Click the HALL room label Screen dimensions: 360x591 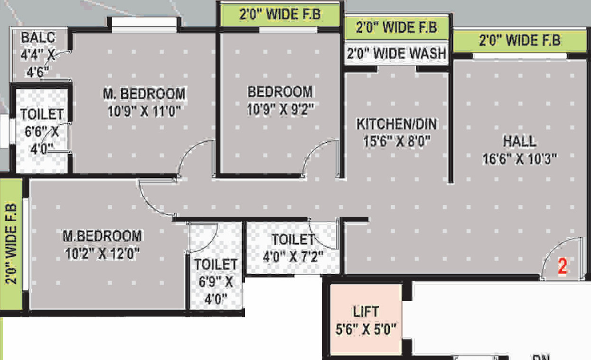click(x=519, y=141)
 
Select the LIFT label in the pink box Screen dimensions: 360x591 click(x=366, y=312)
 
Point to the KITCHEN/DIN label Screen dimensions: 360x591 click(x=396, y=124)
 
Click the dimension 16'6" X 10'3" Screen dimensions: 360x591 click(x=519, y=158)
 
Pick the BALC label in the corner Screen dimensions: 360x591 click(x=38, y=37)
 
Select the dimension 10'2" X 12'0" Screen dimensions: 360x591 click(x=102, y=253)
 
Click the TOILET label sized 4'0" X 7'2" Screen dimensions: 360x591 click(x=293, y=239)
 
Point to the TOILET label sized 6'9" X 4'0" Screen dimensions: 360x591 click(x=216, y=264)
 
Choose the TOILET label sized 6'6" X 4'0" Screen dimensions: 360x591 click(x=42, y=114)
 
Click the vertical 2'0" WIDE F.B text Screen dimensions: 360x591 click(x=11, y=244)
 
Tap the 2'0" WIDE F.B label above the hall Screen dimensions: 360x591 click(x=519, y=40)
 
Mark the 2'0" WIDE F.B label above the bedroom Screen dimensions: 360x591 click(x=280, y=15)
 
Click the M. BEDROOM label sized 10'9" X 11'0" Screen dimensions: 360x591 click(x=144, y=93)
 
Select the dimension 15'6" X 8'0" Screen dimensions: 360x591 click(x=396, y=141)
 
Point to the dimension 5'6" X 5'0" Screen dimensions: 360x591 click(x=366, y=329)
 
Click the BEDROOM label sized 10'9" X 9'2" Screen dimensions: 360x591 click(x=280, y=91)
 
